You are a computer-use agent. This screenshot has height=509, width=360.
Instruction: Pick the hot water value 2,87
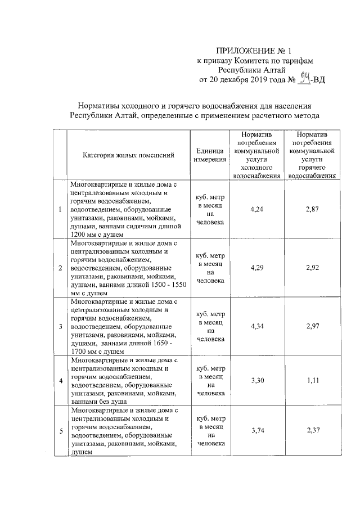pyautogui.click(x=312, y=209)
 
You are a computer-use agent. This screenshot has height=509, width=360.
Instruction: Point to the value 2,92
pyautogui.click(x=312, y=267)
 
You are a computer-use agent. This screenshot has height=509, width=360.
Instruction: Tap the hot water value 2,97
pyautogui.click(x=312, y=326)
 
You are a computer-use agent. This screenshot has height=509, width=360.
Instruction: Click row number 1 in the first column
pyautogui.click(x=60, y=210)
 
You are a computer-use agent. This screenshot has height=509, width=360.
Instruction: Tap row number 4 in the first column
pyautogui.click(x=60, y=381)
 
